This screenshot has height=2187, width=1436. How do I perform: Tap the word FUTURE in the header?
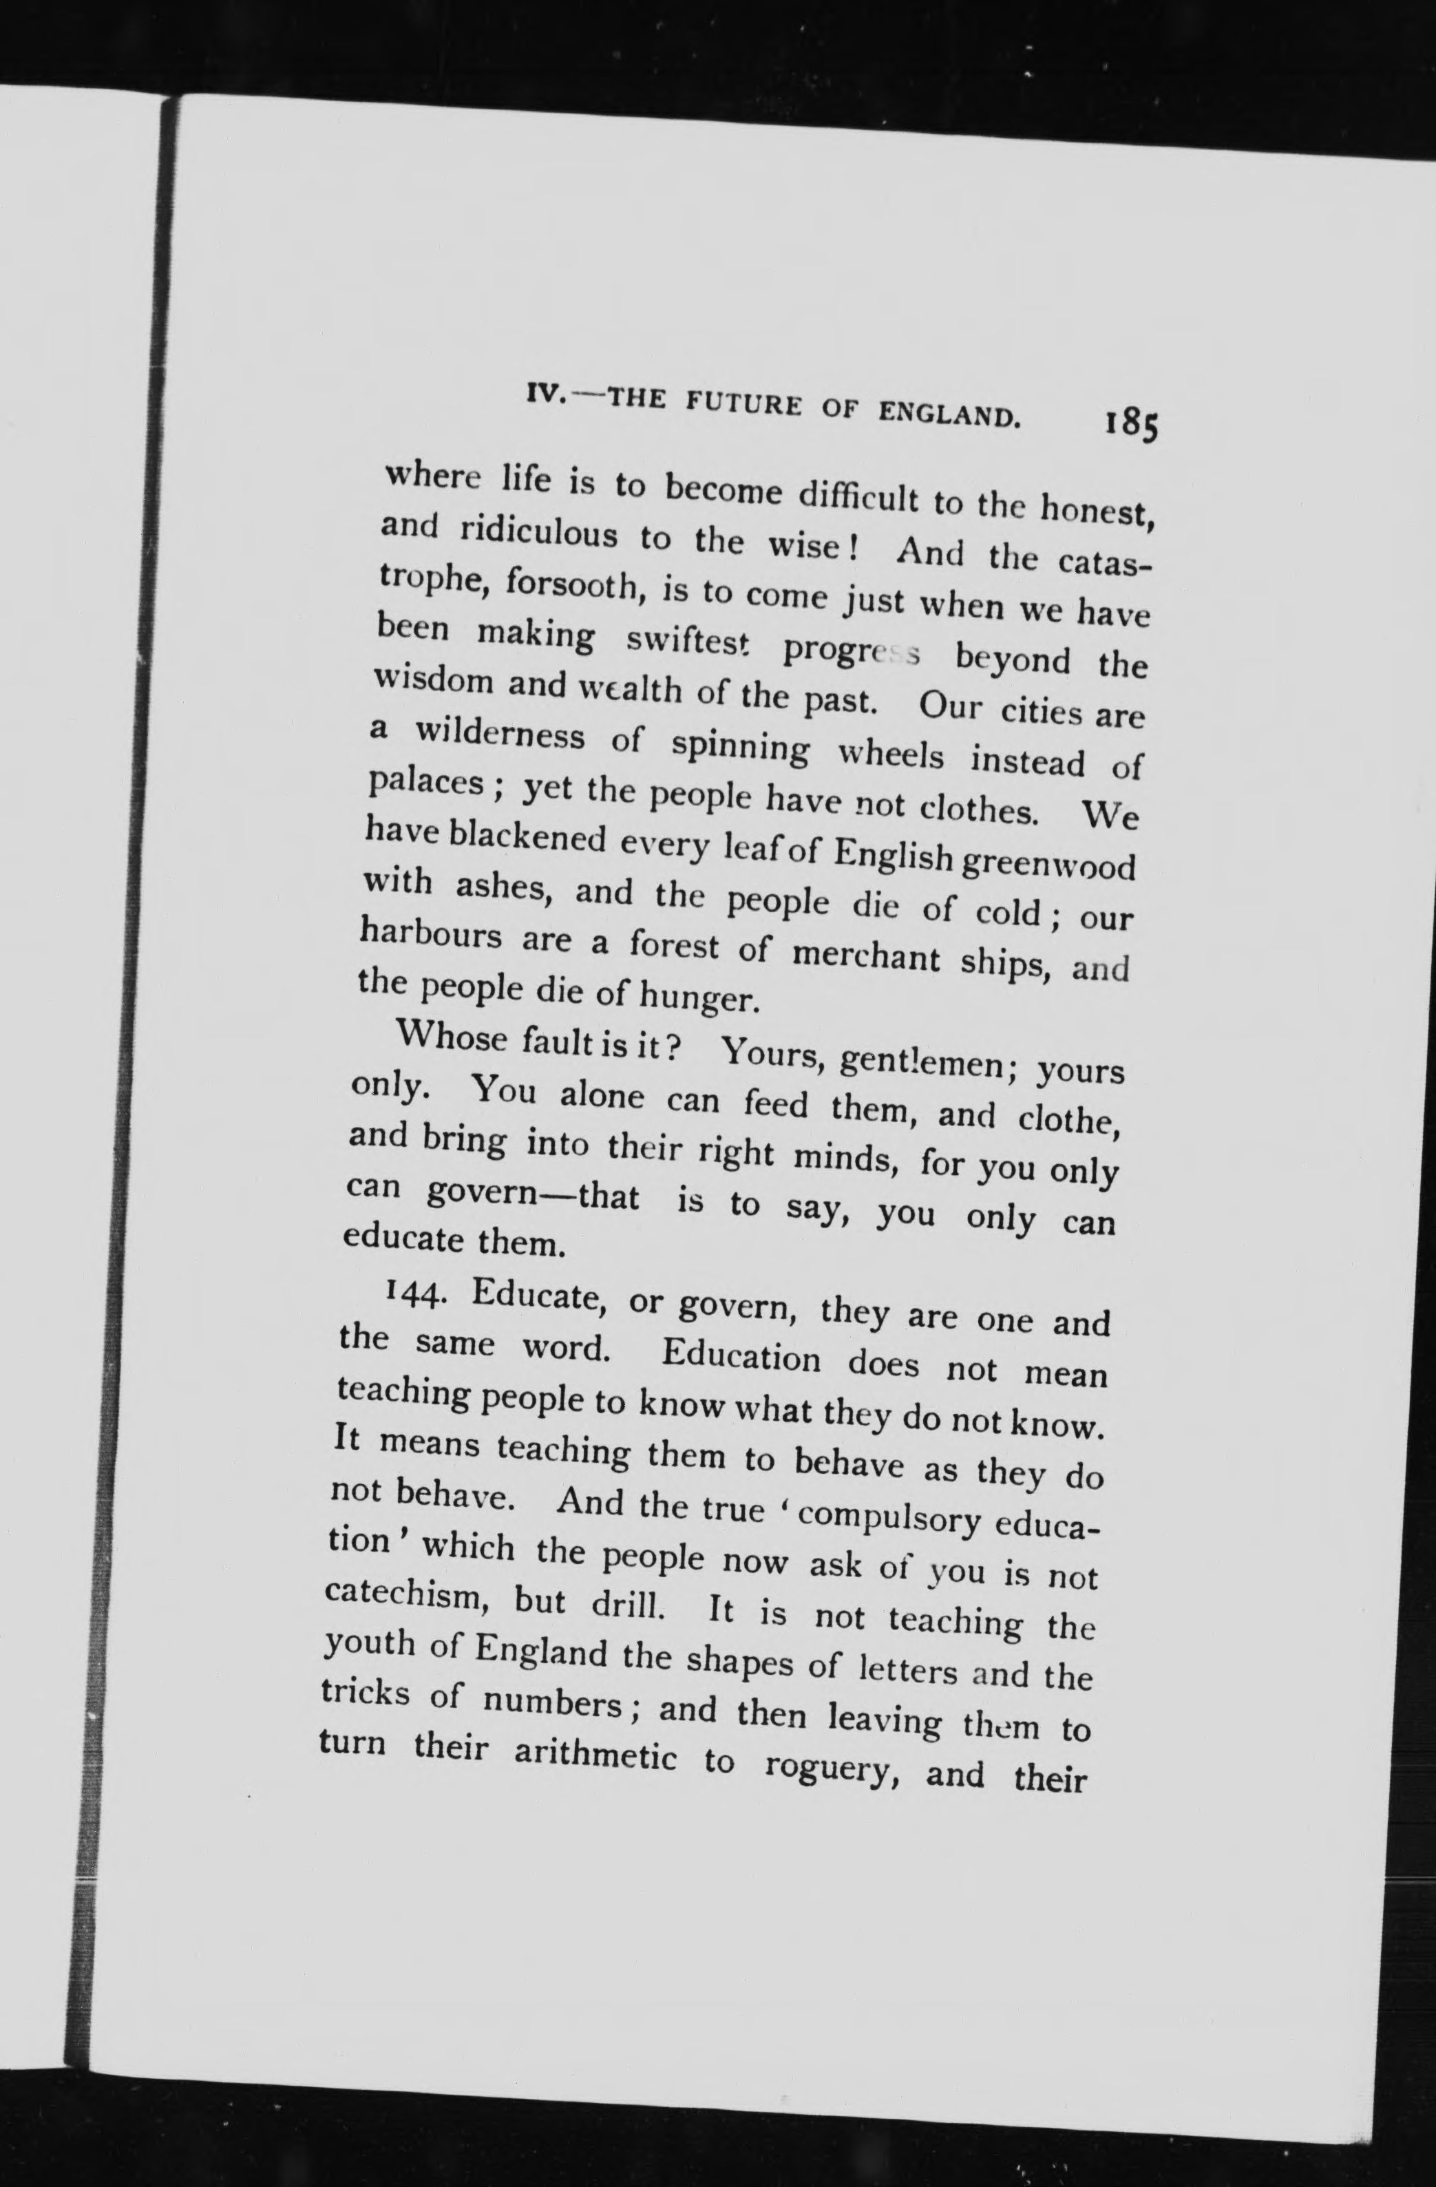(750, 404)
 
